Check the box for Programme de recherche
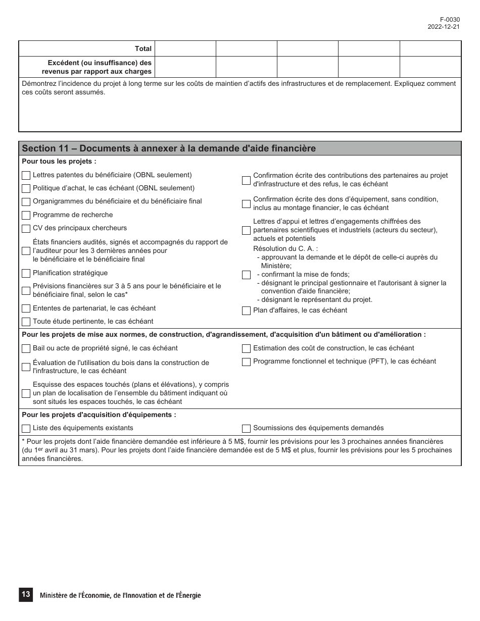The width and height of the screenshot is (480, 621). (x=26, y=216)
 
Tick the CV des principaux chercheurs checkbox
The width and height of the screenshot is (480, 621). (x=26, y=229)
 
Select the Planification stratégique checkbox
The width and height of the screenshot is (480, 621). (x=26, y=274)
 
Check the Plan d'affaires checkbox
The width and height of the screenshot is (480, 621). (x=246, y=311)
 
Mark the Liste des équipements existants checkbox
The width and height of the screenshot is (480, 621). (x=26, y=429)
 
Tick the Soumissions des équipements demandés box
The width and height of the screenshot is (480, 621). (x=246, y=429)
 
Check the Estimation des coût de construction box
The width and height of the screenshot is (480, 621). (x=246, y=349)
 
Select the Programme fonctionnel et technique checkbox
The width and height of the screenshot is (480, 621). (x=246, y=362)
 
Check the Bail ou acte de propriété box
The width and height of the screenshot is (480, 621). (x=26, y=349)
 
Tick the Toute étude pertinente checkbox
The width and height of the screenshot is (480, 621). (x=26, y=322)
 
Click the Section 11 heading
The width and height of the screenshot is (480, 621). (x=169, y=148)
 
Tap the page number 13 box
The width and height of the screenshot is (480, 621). (x=25, y=595)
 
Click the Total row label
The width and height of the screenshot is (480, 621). (x=143, y=49)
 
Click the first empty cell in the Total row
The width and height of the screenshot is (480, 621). (x=185, y=49)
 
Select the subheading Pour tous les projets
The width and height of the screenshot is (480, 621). (x=59, y=162)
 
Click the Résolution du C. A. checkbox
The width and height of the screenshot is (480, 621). (x=246, y=275)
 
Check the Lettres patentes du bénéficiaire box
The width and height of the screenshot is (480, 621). (x=26, y=176)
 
